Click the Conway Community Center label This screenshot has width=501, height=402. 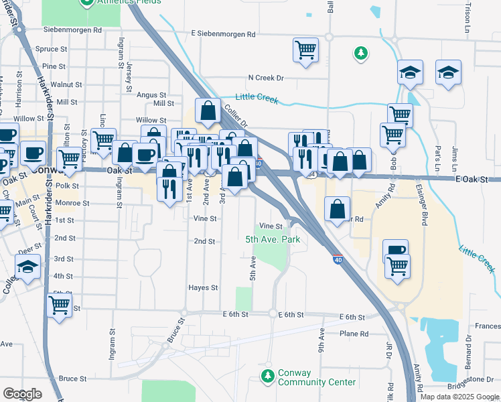(x=307, y=378)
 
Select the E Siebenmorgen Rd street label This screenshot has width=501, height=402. (x=223, y=33)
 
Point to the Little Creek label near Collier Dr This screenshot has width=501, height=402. (x=257, y=99)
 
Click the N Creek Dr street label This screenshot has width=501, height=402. (x=266, y=78)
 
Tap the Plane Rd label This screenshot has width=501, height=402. (x=354, y=334)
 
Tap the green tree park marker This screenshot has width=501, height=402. (x=361, y=53)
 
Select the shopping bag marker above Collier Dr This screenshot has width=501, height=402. (x=208, y=111)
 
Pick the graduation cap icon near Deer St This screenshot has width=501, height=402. (x=27, y=267)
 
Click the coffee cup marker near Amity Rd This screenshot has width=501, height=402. (x=395, y=251)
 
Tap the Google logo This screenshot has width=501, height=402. (x=22, y=394)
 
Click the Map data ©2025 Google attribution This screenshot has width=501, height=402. (x=459, y=397)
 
